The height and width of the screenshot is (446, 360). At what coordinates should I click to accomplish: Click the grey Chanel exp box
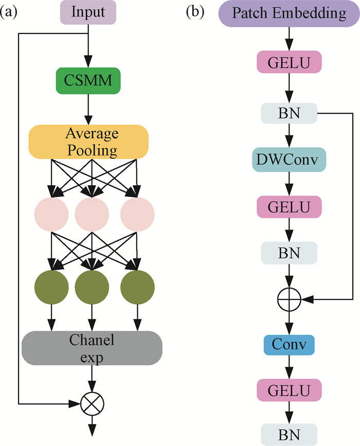92,348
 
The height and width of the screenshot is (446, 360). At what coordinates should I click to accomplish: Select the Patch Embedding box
290,13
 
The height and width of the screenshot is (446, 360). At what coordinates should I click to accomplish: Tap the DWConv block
290,161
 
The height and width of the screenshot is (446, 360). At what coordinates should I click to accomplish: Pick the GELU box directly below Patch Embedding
289,62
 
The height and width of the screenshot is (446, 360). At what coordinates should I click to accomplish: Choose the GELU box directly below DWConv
289,207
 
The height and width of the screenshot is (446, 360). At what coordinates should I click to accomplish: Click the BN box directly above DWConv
289,112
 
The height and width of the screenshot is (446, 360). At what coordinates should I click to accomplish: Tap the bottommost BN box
289,433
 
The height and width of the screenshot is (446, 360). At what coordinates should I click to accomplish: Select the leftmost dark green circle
51,286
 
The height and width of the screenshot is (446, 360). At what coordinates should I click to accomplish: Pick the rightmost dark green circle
137,286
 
